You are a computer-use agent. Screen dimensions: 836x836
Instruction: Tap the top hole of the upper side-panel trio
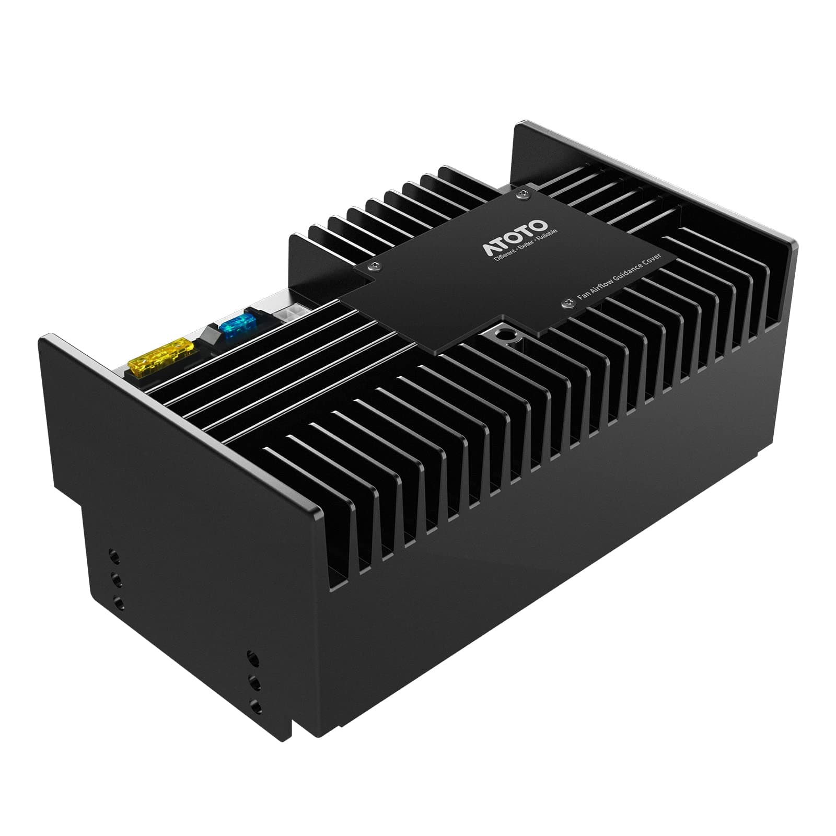[x=113, y=554]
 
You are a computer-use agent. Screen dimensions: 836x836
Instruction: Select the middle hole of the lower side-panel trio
[x=255, y=683]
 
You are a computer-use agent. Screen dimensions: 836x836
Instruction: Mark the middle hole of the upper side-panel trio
[x=115, y=579]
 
